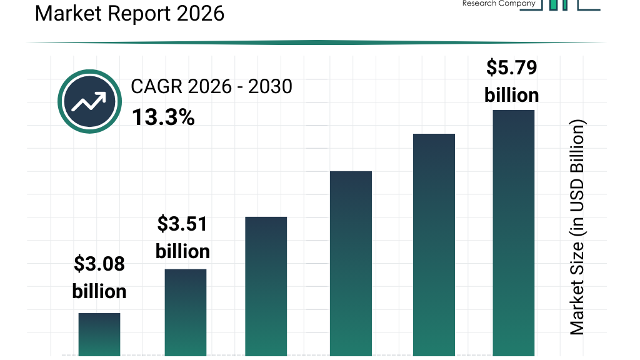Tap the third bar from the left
266,287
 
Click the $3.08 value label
99,264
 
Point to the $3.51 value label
182,224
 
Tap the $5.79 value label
512,67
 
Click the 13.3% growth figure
163,116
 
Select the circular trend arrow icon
89,101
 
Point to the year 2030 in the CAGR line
270,86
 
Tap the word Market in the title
67,12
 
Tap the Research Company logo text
499,4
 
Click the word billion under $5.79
512,95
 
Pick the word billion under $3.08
99,291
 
